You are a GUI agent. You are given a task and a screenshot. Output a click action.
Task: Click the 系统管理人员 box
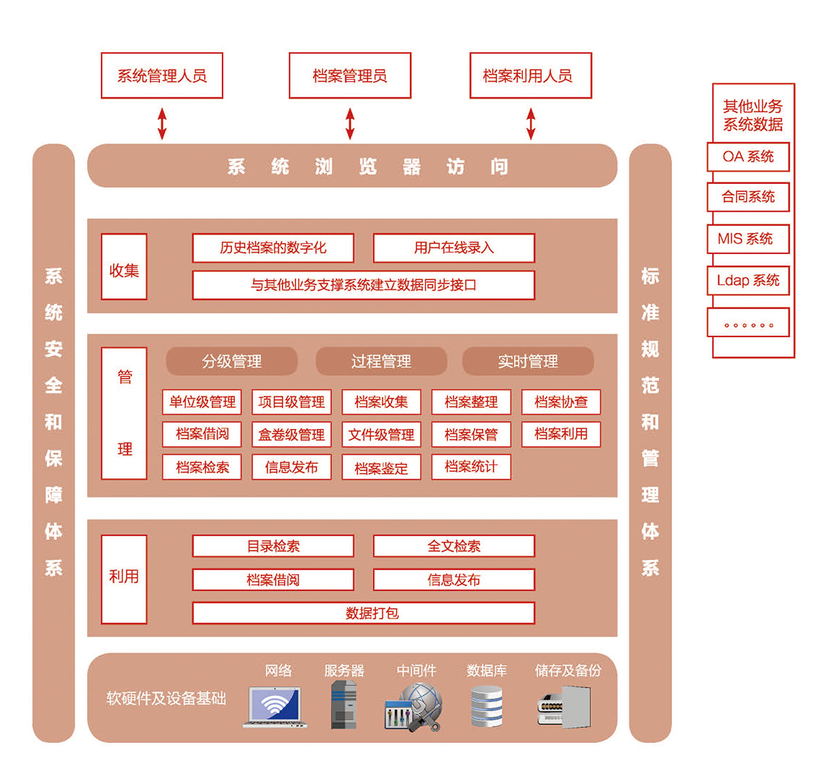pos(161,76)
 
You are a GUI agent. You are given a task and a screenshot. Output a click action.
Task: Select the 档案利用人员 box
pos(530,76)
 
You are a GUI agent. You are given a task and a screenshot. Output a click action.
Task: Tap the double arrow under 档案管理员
pos(350,123)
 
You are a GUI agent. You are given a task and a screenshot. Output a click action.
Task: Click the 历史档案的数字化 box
pos(273,248)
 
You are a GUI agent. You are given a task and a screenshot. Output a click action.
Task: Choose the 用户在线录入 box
pos(453,248)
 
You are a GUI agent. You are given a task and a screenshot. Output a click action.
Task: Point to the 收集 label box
pos(124,267)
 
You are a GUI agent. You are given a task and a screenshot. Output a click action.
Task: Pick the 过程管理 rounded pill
pos(381,361)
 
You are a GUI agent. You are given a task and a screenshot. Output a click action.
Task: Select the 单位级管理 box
pos(202,402)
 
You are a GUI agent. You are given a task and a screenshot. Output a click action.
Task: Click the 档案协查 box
pos(561,402)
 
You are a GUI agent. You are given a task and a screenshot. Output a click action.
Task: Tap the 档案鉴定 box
pos(381,467)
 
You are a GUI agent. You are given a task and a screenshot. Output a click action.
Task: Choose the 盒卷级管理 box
pos(291,434)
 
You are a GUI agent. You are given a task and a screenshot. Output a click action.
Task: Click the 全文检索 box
pos(453,546)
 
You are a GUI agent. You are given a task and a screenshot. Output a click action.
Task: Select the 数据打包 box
pos(364,613)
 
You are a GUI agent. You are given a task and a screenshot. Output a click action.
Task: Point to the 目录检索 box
pos(273,546)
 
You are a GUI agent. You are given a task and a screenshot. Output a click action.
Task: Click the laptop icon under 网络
pos(274,707)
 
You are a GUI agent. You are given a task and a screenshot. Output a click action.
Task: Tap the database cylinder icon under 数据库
pos(486,706)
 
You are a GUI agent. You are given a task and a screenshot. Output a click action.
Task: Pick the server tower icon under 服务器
pos(344,705)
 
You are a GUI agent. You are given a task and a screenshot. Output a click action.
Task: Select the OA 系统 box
pos(748,157)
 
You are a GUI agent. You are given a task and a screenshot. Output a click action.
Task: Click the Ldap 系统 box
pos(748,281)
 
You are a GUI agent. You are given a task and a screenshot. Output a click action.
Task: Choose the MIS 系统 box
pos(748,239)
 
